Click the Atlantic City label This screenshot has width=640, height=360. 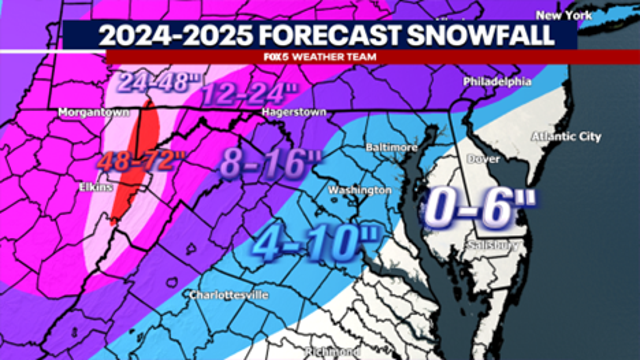point(567,136)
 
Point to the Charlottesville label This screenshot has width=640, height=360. point(230,296)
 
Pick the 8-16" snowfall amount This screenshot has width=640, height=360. point(260,162)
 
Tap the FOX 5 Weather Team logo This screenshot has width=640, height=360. point(319,56)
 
